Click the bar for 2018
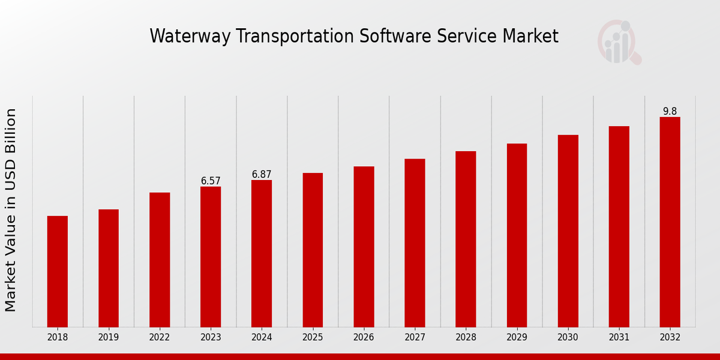[x=58, y=271]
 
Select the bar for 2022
[x=160, y=260]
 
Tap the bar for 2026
[x=364, y=247]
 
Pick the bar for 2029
[x=517, y=235]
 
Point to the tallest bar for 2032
[x=670, y=222]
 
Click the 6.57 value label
[x=211, y=181]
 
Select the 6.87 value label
[x=262, y=175]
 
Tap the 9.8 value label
[x=670, y=112]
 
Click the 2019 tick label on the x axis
[x=109, y=338]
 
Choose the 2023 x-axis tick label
[x=211, y=338]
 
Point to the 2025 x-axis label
[x=313, y=338]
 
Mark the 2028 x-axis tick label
[x=466, y=338]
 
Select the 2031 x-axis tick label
[x=619, y=338]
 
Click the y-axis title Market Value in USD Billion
[x=11, y=210]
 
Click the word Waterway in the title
[x=190, y=37]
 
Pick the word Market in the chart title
[x=531, y=37]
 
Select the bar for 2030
[x=568, y=231]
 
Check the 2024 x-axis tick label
[x=262, y=338]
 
